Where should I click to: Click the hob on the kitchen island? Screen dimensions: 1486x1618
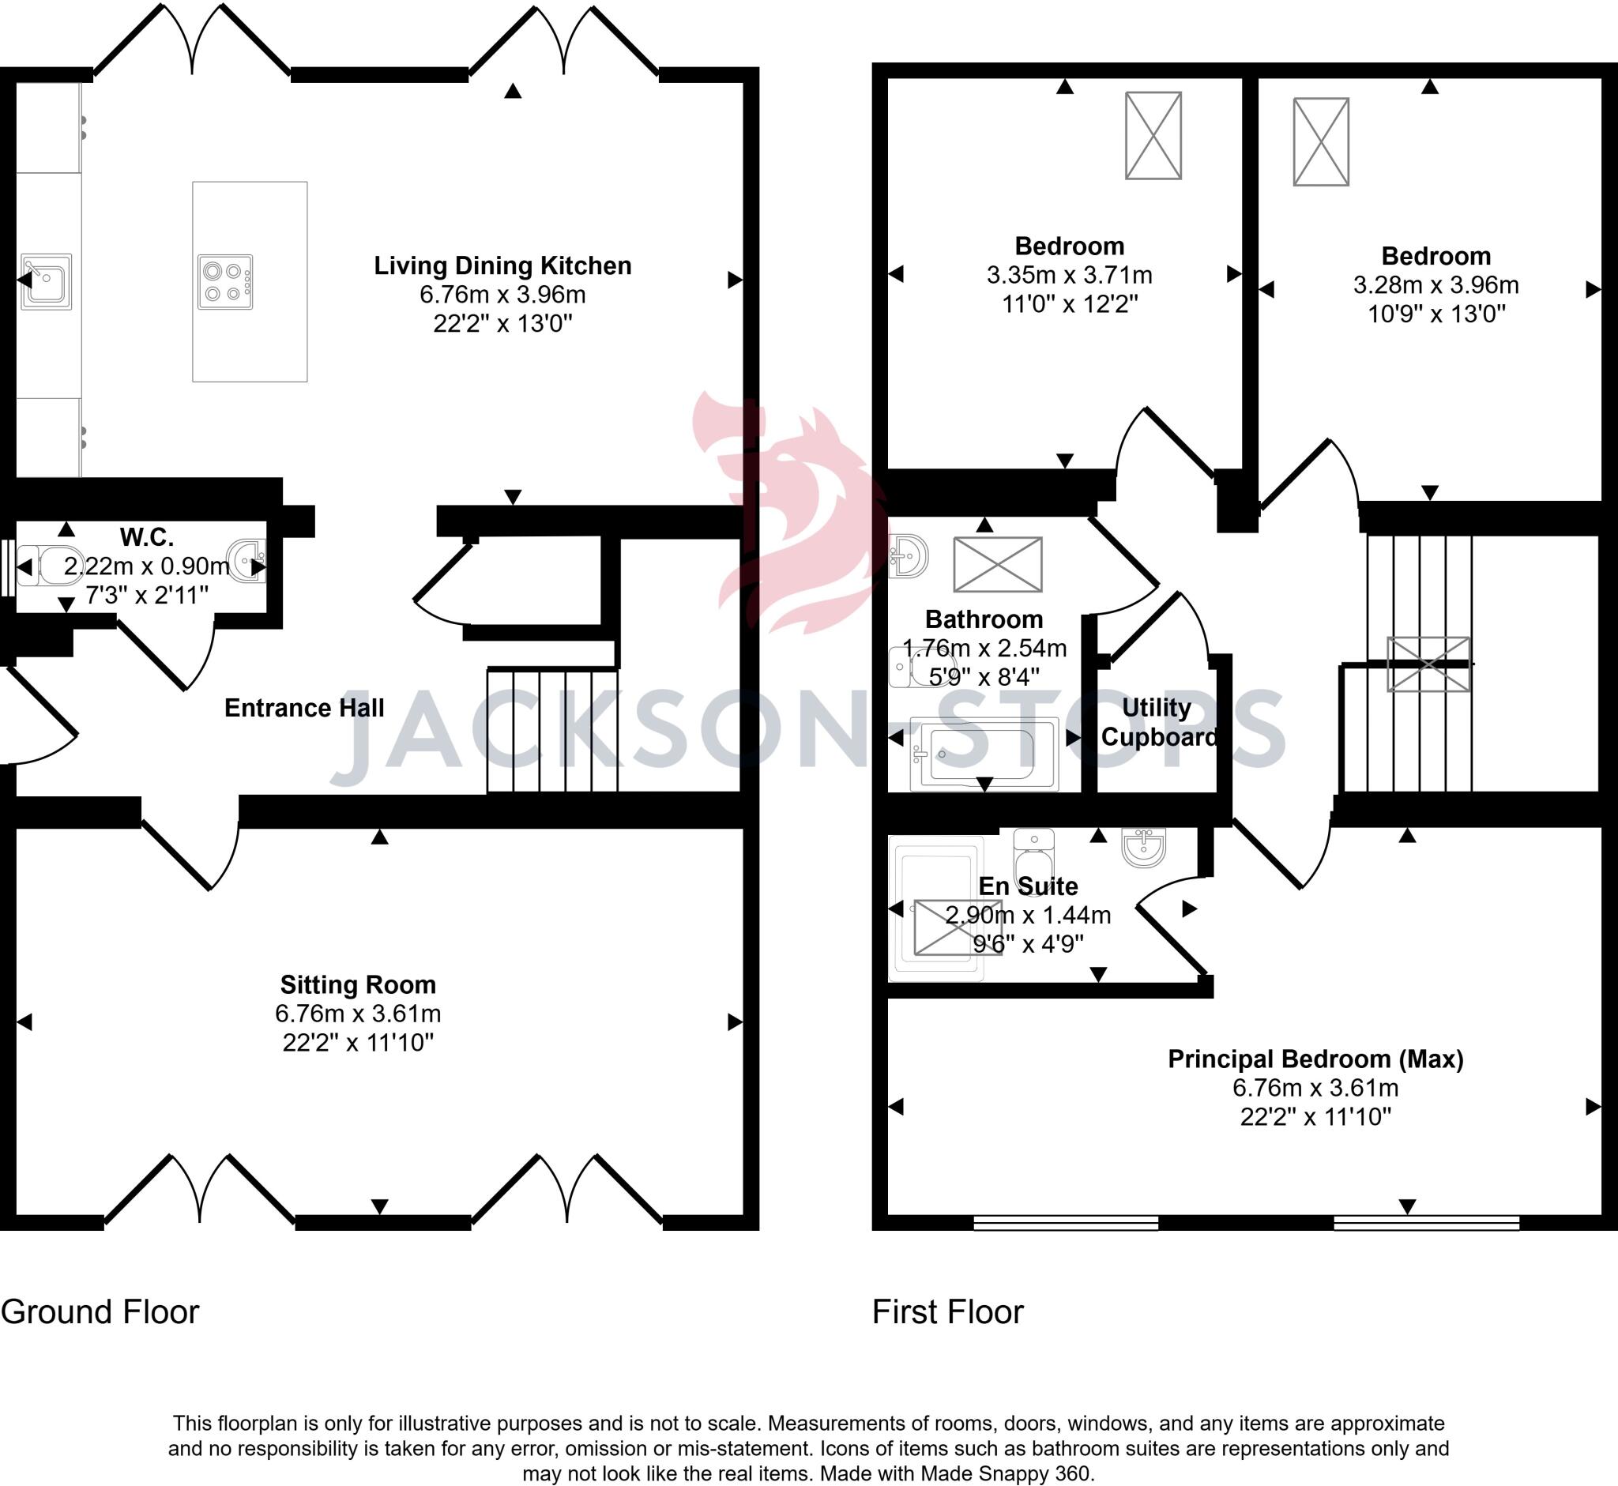coord(225,282)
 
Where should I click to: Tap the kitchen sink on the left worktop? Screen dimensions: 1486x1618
coord(47,281)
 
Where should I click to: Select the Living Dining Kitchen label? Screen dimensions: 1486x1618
coord(502,266)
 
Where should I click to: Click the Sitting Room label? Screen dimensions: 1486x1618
coord(358,984)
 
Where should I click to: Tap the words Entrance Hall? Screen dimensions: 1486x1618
coord(304,708)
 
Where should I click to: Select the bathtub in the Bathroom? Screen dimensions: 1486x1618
coord(984,753)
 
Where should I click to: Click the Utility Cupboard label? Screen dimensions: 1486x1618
coord(1157,722)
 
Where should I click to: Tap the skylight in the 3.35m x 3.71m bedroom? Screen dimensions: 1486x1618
coord(1153,135)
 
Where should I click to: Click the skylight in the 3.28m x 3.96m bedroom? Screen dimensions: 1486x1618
coord(1320,142)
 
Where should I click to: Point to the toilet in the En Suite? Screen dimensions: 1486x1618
coord(1033,856)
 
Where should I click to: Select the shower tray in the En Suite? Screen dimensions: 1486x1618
coord(935,909)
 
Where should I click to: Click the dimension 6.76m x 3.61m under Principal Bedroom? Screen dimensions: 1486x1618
coord(1315,1088)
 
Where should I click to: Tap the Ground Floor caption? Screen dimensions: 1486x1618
coord(100,1311)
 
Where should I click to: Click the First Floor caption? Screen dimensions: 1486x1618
coord(947,1311)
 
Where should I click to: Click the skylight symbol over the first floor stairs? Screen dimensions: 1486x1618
coord(1428,664)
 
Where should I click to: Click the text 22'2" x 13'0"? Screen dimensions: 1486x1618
coord(502,323)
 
